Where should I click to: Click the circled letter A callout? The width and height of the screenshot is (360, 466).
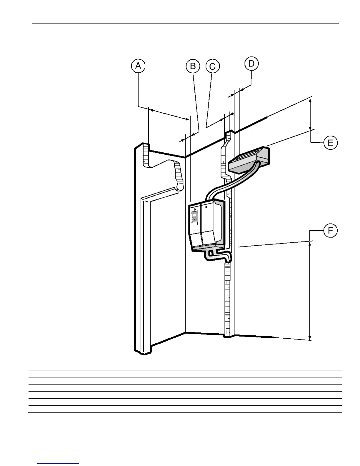pos(138,66)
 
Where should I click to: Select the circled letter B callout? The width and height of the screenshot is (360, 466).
pos(193,66)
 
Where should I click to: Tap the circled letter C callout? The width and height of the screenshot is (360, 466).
pos(212,66)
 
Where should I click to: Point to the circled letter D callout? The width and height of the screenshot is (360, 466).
pos(251,64)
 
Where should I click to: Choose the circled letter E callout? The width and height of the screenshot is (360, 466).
pos(330,143)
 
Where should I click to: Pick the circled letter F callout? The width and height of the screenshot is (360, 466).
pos(330,231)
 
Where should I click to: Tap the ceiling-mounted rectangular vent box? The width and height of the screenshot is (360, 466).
pos(249,160)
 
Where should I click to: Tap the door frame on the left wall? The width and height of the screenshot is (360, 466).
pos(146,265)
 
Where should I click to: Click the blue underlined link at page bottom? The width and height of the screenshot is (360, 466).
pos(58,463)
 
